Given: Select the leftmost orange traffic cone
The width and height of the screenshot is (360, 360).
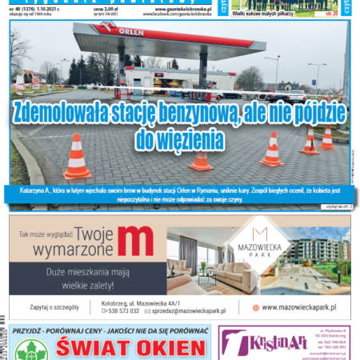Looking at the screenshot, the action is point(77,157).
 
